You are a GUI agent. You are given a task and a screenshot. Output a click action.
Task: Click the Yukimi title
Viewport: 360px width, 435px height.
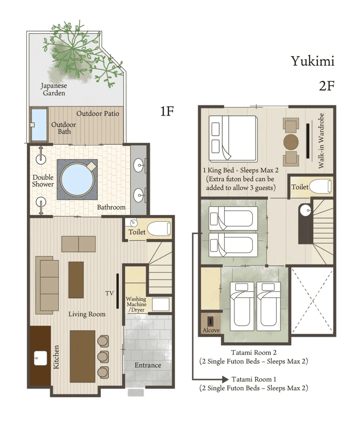[313, 61]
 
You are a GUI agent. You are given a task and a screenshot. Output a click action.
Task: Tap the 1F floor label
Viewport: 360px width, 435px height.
[167, 111]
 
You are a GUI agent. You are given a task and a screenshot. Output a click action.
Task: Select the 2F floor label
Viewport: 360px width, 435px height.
[327, 86]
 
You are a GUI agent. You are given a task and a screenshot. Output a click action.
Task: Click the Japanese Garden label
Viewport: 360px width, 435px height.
[54, 89]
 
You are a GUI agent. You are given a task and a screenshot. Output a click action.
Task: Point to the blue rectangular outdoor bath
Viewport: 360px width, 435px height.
[39, 125]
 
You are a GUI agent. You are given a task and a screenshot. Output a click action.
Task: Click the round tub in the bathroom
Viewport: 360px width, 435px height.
[77, 179]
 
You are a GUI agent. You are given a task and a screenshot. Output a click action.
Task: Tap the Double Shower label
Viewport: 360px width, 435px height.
[43, 181]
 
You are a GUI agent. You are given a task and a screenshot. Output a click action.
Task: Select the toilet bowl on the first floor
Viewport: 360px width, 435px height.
[159, 229]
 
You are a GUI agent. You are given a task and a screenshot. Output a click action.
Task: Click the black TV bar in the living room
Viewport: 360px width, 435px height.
[117, 291]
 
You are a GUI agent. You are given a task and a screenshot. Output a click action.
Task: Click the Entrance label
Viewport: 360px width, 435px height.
[148, 365]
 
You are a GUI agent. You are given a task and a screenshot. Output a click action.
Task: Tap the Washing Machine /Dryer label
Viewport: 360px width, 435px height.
[136, 304]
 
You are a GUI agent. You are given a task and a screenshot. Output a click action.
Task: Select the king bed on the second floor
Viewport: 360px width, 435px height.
[233, 139]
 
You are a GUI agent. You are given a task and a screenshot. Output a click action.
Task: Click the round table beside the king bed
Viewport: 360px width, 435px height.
[291, 142]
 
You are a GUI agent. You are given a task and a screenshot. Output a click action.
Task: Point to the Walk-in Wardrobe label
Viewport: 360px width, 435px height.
[321, 141]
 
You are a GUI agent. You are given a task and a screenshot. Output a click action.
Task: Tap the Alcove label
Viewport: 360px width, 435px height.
[211, 330]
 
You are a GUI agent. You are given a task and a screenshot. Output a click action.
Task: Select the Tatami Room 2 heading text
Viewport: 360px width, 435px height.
[254, 352]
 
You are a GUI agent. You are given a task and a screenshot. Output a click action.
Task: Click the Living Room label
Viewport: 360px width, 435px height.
[87, 314]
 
